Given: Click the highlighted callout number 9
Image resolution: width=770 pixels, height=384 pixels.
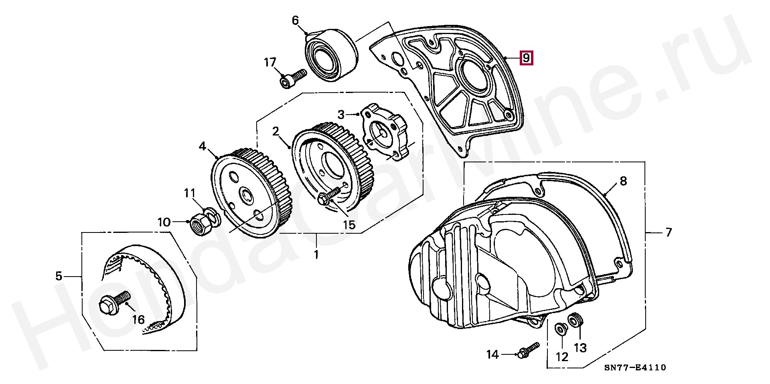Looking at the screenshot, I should click(x=526, y=58).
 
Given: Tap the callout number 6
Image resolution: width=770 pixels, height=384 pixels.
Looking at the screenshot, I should click(x=296, y=20).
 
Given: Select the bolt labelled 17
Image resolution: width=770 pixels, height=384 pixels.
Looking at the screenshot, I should click(x=293, y=79).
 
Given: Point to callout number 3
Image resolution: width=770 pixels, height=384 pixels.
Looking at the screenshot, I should click(x=341, y=115).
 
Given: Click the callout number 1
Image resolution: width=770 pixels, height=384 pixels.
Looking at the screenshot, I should click(x=316, y=255).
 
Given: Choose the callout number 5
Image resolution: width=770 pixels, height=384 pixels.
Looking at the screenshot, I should click(x=59, y=276).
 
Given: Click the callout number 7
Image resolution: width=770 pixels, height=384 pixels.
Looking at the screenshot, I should click(x=668, y=232).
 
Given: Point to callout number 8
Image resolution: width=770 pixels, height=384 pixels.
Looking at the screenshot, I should click(x=623, y=181).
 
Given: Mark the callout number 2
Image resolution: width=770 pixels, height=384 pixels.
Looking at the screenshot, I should click(x=276, y=131).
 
